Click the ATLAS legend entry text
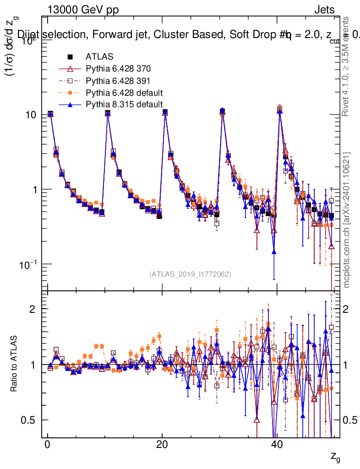[x=97, y=57]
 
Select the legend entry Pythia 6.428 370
[x=118, y=69]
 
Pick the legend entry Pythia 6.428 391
[x=118, y=81]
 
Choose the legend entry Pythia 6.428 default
[x=124, y=93]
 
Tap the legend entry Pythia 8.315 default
[x=124, y=104]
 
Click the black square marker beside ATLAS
[x=71, y=57]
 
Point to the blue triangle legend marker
[x=71, y=105]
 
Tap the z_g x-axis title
[x=335, y=458]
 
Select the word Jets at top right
[x=324, y=10]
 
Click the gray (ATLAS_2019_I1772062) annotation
[x=190, y=274]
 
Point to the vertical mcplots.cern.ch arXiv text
[x=347, y=219]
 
